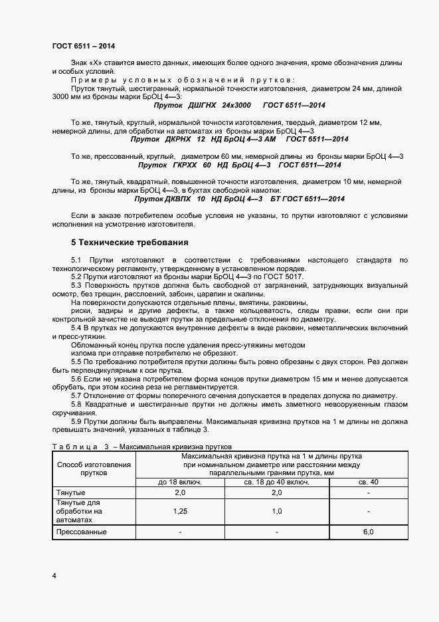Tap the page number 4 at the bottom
pyautogui.click(x=54, y=575)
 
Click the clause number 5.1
pyautogui.click(x=76, y=259)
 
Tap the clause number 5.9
pyautogui.click(x=76, y=422)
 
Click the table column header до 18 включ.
pyautogui.click(x=179, y=482)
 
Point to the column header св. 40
pyautogui.click(x=369, y=482)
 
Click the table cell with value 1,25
pyautogui.click(x=179, y=512)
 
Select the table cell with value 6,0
pyautogui.click(x=369, y=532)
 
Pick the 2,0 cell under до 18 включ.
pyautogui.click(x=179, y=492)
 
